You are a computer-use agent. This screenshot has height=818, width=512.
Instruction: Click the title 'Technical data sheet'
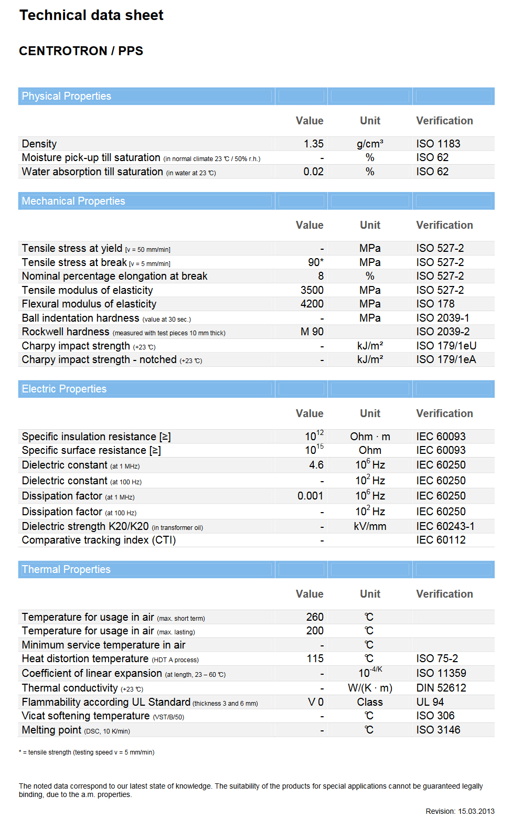tap(91, 15)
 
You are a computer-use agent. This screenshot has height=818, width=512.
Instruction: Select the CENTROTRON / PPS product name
tap(81, 51)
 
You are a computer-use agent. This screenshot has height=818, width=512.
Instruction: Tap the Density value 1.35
tap(313, 144)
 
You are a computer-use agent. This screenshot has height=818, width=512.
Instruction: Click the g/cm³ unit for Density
tap(370, 144)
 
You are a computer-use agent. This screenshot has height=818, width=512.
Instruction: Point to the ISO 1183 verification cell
tap(438, 144)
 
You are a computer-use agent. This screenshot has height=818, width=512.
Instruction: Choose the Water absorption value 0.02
tap(313, 172)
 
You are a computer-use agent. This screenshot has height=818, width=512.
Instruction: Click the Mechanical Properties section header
tap(73, 201)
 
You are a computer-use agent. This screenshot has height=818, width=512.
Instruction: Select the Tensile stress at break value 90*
tap(315, 262)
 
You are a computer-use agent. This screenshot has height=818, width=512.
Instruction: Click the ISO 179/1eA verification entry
tap(446, 359)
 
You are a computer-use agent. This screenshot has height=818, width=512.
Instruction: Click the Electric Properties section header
tap(64, 389)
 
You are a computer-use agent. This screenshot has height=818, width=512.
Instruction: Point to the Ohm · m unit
tap(370, 437)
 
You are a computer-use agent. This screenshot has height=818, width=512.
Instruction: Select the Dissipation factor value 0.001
tap(310, 496)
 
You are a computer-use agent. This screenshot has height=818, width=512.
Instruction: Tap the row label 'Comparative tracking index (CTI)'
tap(99, 540)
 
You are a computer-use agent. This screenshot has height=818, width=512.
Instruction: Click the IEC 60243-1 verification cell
tap(445, 526)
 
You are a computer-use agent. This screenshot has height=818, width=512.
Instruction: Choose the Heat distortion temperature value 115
tap(315, 658)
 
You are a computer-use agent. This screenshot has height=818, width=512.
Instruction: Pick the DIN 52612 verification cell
tap(441, 688)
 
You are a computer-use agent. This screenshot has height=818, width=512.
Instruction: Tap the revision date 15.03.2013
tap(476, 811)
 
